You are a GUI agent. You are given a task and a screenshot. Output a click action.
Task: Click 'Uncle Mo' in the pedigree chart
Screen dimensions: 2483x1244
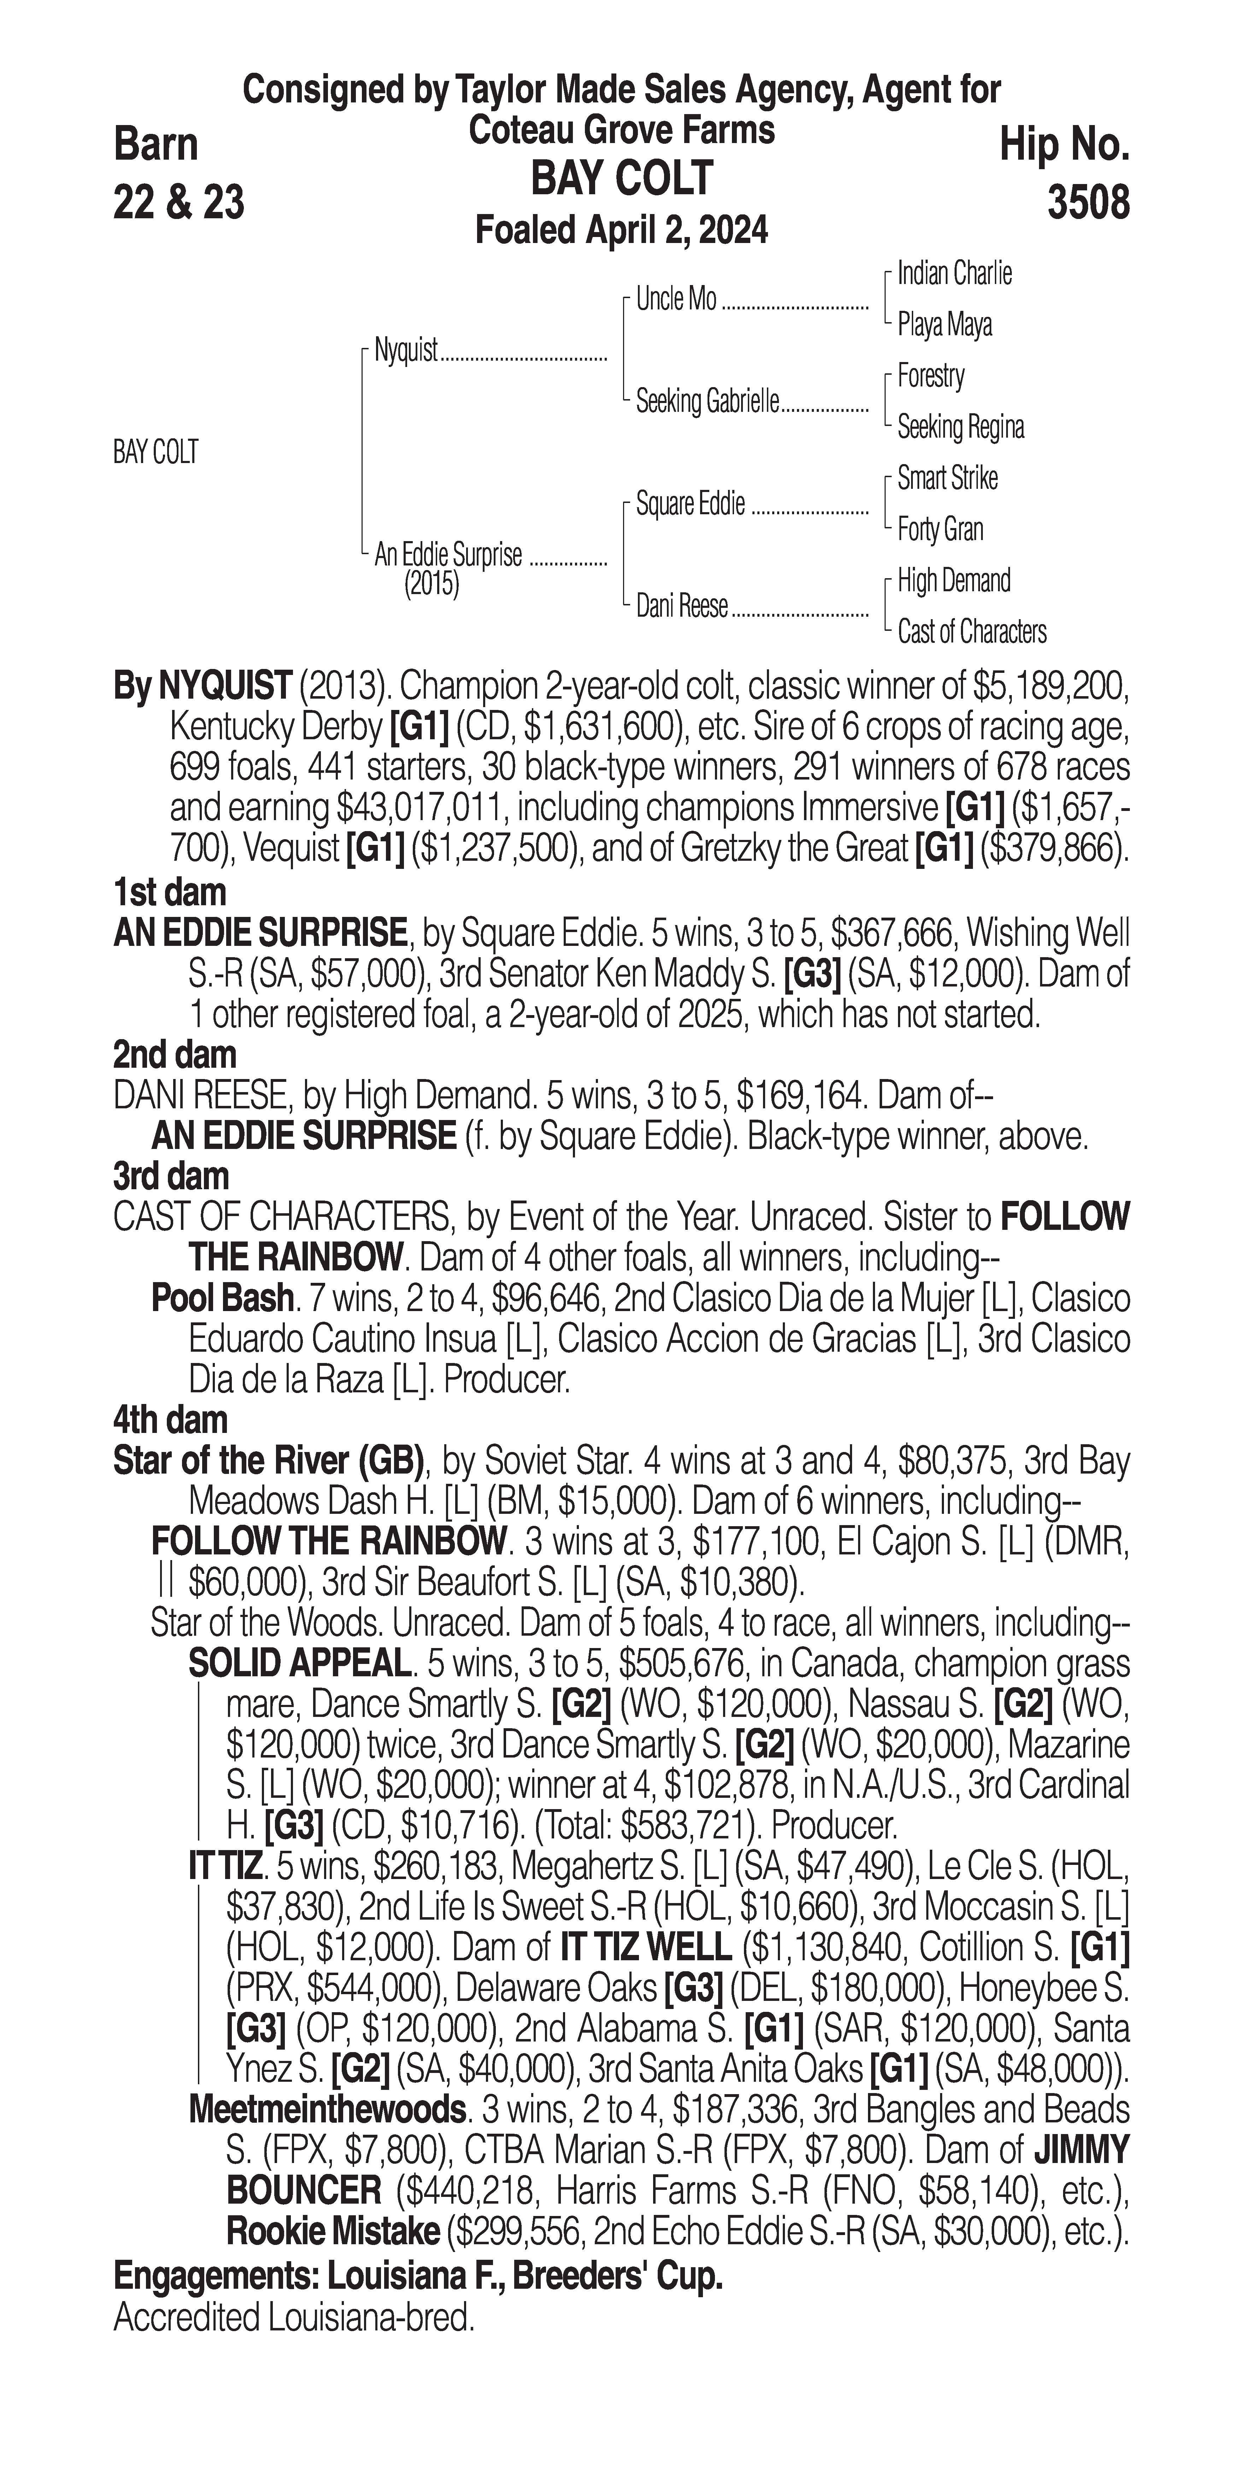coord(676,300)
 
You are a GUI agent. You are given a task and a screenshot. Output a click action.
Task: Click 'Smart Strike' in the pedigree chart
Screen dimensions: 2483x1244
coord(947,478)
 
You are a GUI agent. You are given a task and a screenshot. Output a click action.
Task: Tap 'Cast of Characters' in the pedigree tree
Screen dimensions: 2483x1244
coord(971,632)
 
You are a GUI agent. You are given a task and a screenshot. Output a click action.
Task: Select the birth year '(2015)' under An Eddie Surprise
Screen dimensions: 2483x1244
coord(431,584)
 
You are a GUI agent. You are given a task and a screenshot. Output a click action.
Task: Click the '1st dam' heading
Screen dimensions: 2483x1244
coord(170,893)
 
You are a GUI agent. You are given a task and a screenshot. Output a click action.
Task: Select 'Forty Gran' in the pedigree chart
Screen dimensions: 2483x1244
coord(940,529)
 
